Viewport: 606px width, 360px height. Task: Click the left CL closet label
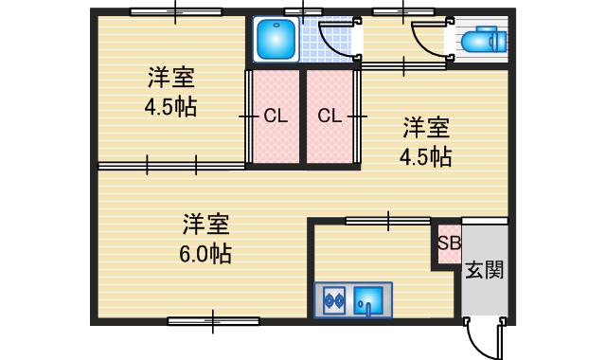tap(276, 117)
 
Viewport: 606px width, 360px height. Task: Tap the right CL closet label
tap(330, 117)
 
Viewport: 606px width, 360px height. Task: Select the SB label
tap(449, 243)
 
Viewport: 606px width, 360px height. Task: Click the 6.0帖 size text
tap(206, 254)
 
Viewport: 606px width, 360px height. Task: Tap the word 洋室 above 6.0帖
tap(206, 225)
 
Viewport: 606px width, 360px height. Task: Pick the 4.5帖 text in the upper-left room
tap(170, 106)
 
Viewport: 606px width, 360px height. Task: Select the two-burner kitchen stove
tap(332, 301)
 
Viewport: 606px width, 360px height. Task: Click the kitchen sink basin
tap(368, 301)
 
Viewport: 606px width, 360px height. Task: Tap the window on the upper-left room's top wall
tap(176, 11)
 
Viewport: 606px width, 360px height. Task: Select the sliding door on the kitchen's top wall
tap(388, 221)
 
